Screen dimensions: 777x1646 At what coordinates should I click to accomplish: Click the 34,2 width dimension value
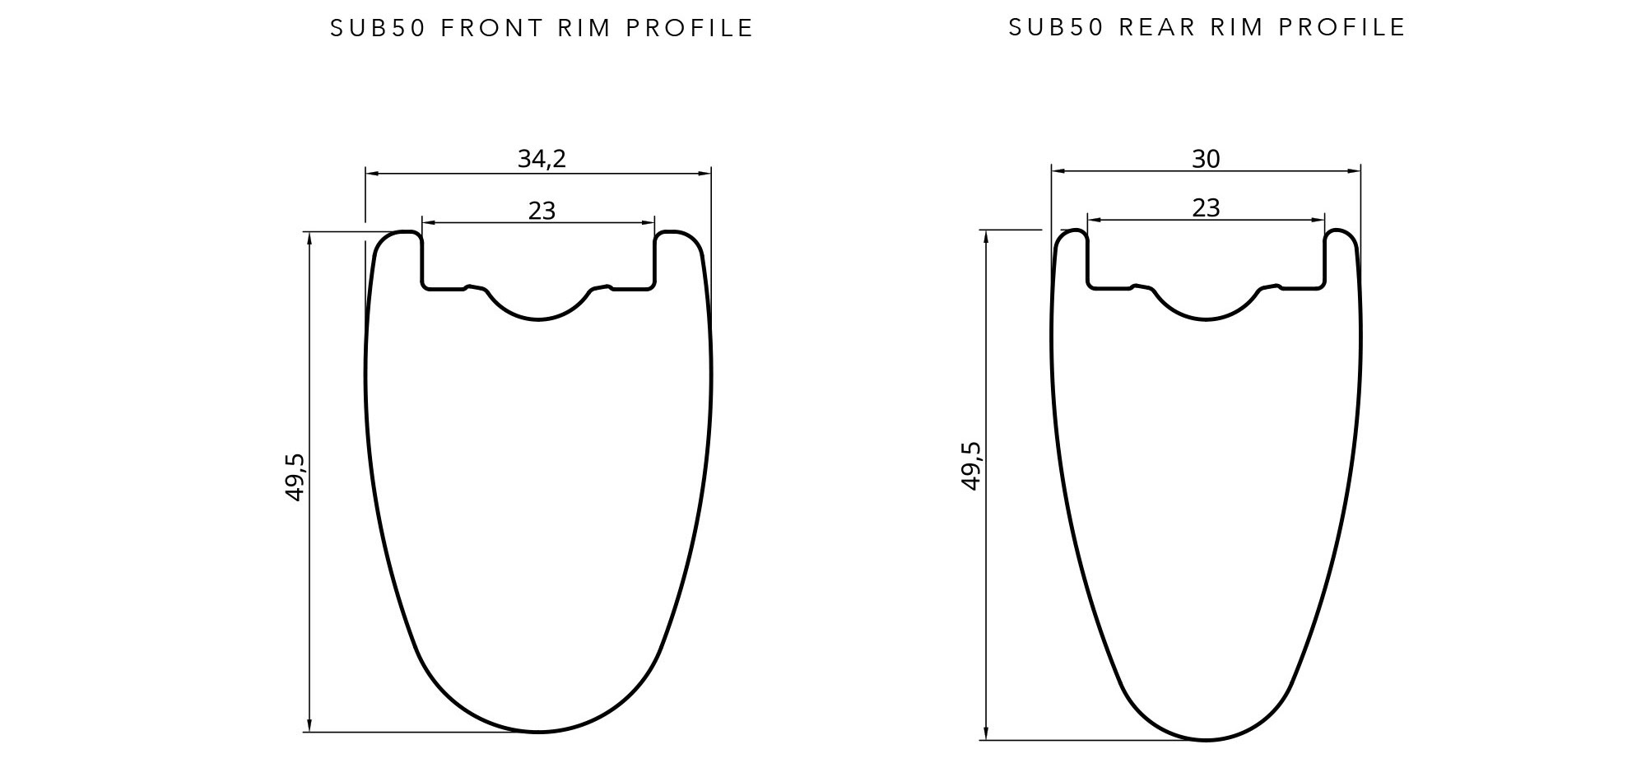pyautogui.click(x=542, y=158)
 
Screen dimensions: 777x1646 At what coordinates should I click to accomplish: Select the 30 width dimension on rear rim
pyautogui.click(x=1206, y=159)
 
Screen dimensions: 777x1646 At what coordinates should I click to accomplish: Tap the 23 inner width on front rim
pyautogui.click(x=542, y=211)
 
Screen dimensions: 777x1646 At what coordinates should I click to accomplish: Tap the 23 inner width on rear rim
pyautogui.click(x=1206, y=207)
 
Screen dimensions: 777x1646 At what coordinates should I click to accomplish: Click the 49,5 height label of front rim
pyautogui.click(x=295, y=477)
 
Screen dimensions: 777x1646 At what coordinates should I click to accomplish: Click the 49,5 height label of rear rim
pyautogui.click(x=971, y=466)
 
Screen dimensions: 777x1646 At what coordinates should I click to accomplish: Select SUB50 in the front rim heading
pyautogui.click(x=378, y=28)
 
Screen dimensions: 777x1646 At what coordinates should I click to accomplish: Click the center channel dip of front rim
pyautogui.click(x=538, y=318)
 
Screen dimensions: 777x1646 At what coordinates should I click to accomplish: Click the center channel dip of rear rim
pyautogui.click(x=1206, y=319)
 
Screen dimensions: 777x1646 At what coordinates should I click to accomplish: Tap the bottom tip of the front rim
pyautogui.click(x=538, y=731)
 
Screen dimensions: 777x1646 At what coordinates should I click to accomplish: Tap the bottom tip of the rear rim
pyautogui.click(x=1206, y=739)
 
